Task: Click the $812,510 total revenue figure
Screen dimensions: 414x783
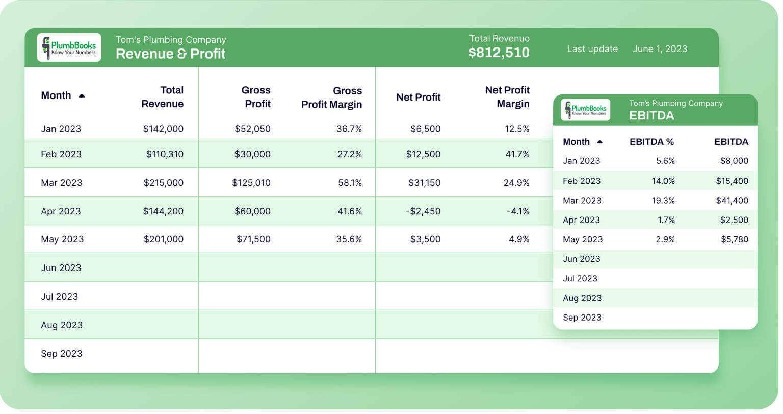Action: [499, 53]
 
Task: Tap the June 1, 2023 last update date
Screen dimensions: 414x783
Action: [660, 49]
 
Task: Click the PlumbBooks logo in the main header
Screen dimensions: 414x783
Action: [69, 47]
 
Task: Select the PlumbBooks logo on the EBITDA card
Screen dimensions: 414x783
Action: [586, 110]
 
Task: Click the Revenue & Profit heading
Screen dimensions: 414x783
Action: [170, 54]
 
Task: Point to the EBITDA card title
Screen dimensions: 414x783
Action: [651, 116]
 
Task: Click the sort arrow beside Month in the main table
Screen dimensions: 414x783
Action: [82, 96]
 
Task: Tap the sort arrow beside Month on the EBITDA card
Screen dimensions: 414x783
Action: [600, 142]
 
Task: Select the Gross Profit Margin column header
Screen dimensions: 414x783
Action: [331, 98]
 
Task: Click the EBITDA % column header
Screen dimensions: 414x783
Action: [651, 142]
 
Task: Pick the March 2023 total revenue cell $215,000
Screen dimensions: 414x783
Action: [163, 183]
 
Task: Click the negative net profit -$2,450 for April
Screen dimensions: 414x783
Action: [423, 211]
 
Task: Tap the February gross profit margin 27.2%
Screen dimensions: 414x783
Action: [349, 154]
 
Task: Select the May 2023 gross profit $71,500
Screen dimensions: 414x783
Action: [253, 239]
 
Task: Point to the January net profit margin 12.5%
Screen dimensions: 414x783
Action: [516, 129]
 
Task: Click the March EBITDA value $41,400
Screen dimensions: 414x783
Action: [732, 201]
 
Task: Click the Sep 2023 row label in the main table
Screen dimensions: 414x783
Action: [62, 354]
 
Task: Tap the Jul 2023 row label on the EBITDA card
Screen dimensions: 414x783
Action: [580, 279]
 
